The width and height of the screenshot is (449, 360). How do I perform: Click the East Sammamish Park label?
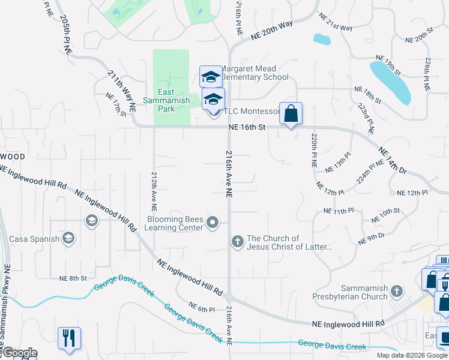(174, 96)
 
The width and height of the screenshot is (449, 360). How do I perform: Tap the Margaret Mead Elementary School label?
(255, 73)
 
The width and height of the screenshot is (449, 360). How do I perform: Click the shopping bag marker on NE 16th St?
(291, 113)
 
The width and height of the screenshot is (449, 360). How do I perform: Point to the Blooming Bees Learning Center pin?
(212, 223)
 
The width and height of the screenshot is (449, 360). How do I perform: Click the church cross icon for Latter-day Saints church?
(237, 242)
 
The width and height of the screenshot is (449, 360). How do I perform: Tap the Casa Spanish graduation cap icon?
(68, 239)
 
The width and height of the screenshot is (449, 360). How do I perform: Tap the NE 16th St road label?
(247, 127)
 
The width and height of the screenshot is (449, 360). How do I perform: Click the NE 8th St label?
(73, 278)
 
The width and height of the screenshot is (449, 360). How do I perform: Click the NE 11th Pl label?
(339, 211)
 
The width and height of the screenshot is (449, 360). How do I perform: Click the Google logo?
(19, 353)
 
